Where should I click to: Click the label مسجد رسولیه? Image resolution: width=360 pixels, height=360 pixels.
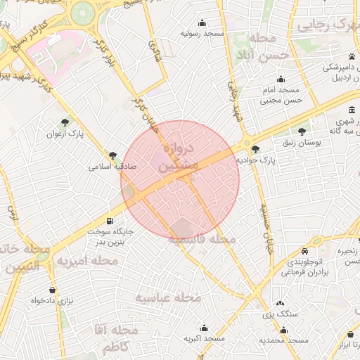[202, 33]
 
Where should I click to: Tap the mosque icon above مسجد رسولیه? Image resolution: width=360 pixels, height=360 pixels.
[202, 22]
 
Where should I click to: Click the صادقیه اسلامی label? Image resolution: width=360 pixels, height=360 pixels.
[112, 167]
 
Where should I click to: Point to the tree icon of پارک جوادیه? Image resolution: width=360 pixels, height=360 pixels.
[255, 149]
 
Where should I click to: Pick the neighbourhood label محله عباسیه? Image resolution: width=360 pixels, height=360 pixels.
[168, 298]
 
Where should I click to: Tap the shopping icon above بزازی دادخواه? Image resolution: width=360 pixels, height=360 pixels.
[52, 290]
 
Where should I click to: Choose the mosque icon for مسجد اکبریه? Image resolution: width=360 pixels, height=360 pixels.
[204, 328]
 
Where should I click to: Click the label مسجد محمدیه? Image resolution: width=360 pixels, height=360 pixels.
[283, 340]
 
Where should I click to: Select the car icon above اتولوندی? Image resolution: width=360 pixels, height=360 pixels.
[304, 252]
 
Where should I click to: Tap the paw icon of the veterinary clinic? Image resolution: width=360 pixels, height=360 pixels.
[350, 56]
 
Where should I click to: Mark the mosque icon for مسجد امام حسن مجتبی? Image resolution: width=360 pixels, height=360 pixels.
[281, 79]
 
